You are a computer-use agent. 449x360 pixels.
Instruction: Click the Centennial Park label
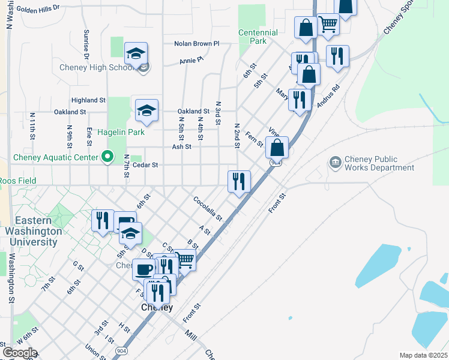pos(258,37)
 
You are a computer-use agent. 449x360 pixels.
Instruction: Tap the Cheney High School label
pos(97,67)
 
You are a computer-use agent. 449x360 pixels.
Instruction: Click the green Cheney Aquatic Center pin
pos(107,157)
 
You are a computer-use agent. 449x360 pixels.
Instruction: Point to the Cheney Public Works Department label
pos(379,164)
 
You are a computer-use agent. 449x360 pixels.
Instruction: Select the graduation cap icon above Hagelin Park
pos(146,110)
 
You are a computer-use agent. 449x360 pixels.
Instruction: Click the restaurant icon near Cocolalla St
pos(239,181)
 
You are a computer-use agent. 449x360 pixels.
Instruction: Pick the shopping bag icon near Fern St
pos(277,146)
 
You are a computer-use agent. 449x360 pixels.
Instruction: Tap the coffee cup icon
pos(144,269)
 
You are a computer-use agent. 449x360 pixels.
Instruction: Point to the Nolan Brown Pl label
pos(197,44)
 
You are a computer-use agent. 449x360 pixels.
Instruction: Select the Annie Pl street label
pos(192,61)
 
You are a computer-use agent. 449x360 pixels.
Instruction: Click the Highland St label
pos(88,100)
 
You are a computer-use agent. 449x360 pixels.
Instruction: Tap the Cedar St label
pos(145,164)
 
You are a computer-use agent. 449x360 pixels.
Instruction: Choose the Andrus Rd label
pos(328,95)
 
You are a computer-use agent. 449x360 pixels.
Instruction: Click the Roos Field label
pos(18,181)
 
